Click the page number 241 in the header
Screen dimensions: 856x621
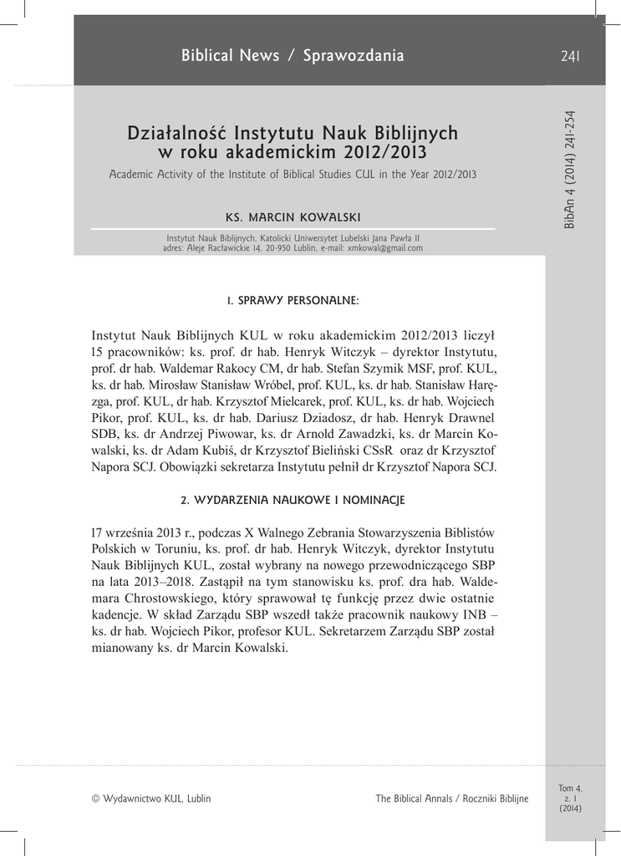click(x=571, y=56)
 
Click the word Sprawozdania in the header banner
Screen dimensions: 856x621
click(x=353, y=56)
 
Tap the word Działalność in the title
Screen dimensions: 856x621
click(x=177, y=133)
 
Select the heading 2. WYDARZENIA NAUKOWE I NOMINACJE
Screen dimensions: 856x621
click(x=293, y=500)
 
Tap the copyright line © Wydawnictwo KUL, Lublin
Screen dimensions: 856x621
click(x=151, y=798)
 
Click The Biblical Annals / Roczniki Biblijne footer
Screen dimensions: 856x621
click(x=451, y=798)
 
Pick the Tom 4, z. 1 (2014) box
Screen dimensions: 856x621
click(x=570, y=798)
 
